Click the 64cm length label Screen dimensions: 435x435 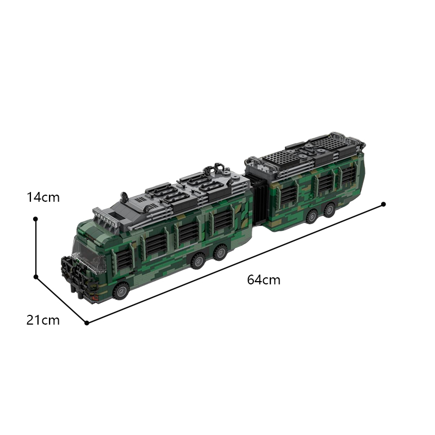pyautogui.click(x=264, y=280)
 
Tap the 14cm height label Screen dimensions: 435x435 pyautogui.click(x=43, y=197)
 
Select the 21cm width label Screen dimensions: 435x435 pyautogui.click(x=43, y=320)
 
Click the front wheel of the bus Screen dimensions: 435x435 pyautogui.click(x=121, y=291)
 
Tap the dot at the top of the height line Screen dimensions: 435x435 pyautogui.click(x=35, y=219)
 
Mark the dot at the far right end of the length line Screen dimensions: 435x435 pyautogui.click(x=383, y=204)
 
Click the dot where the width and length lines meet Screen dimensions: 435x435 pyautogui.click(x=86, y=323)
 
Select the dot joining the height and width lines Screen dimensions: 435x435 pyautogui.click(x=35, y=277)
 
